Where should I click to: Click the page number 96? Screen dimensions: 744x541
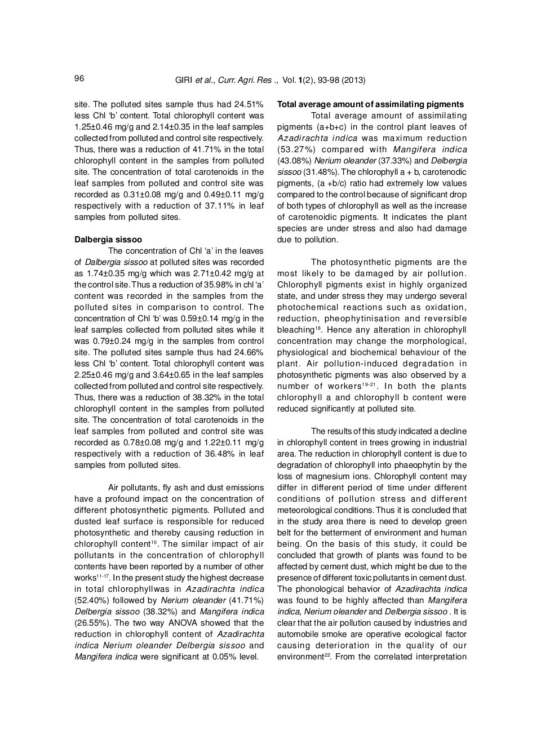point(79,79)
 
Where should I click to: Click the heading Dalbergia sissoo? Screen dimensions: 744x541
point(108,240)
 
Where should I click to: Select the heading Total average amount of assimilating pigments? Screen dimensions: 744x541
point(370,104)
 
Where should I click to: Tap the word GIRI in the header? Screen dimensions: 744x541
point(184,80)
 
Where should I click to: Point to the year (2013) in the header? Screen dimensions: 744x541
point(353,80)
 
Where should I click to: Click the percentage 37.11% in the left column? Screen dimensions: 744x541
point(209,206)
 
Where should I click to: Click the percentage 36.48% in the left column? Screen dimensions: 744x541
point(209,454)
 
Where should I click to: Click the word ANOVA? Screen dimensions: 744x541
point(182,623)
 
